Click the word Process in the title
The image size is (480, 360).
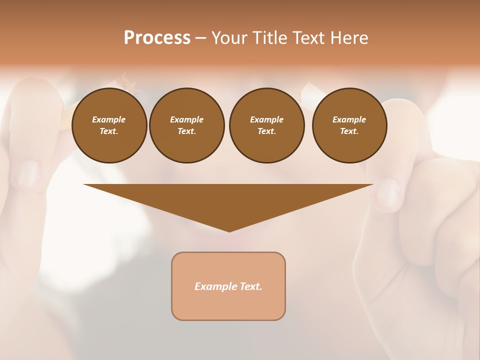click(x=157, y=38)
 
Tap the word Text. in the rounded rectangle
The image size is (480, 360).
click(x=250, y=286)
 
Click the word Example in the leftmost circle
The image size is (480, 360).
click(x=109, y=119)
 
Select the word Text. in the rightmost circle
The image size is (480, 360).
click(x=349, y=131)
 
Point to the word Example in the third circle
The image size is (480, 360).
click(x=266, y=119)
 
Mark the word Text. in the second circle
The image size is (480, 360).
click(x=186, y=131)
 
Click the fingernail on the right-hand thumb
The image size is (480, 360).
click(x=388, y=192)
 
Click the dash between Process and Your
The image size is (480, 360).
click(x=200, y=38)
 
